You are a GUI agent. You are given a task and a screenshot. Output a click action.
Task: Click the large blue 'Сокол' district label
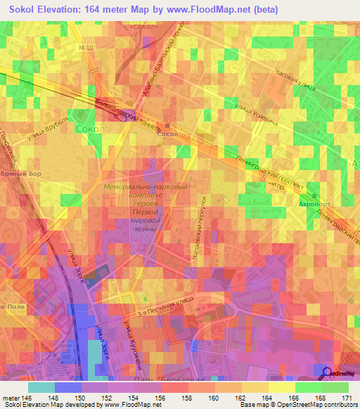(x=89, y=130)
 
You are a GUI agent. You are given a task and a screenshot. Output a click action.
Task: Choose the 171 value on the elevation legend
(x=347, y=397)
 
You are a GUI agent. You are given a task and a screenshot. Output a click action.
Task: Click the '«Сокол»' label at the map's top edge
(x=144, y=27)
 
